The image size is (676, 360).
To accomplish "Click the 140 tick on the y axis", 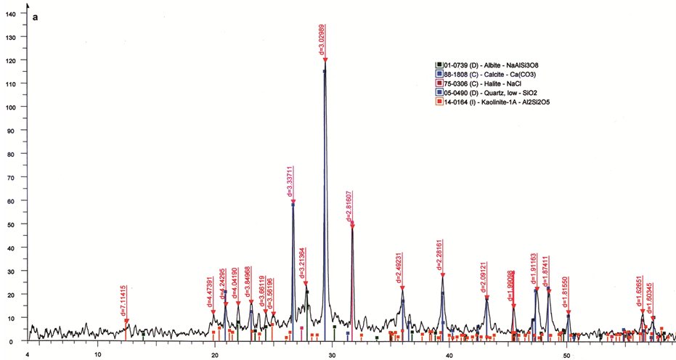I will [x=10, y=13].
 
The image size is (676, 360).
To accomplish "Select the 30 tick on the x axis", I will [x=332, y=354].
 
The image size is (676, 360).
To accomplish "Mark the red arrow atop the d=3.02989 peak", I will [x=325, y=60].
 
